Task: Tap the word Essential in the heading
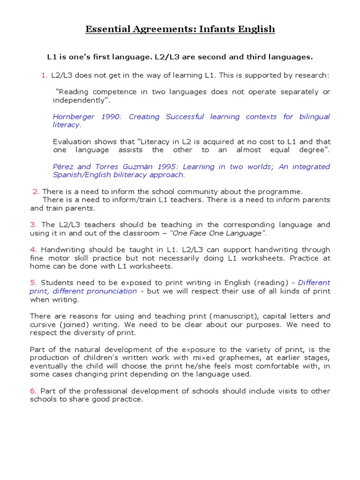[104, 30]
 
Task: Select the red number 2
[36, 191]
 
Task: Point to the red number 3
[33, 225]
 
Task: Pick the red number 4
[33, 249]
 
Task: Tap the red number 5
[33, 283]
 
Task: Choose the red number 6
[33, 391]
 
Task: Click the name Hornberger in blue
[73, 117]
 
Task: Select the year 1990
[111, 117]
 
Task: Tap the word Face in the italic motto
[206, 233]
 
